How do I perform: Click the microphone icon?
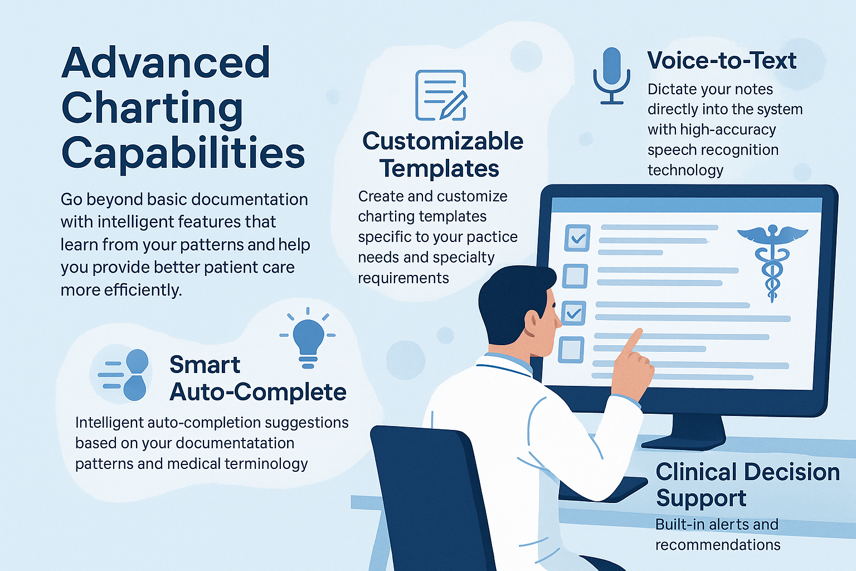pyautogui.click(x=611, y=75)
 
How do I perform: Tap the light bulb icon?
pyautogui.click(x=308, y=337)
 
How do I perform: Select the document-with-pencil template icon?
pyautogui.click(x=441, y=95)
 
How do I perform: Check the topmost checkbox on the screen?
pyautogui.click(x=577, y=238)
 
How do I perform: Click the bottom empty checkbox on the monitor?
pyautogui.click(x=571, y=350)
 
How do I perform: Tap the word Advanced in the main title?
pyautogui.click(x=166, y=62)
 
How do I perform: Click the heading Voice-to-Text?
pyautogui.click(x=722, y=60)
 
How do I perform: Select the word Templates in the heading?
pyautogui.click(x=439, y=168)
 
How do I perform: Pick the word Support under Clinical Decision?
pyautogui.click(x=701, y=498)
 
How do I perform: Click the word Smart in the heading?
pyautogui.click(x=205, y=365)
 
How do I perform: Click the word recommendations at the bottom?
pyautogui.click(x=718, y=545)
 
